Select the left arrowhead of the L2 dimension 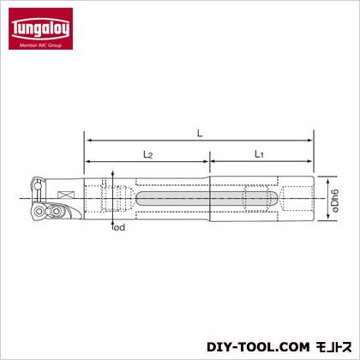[87, 162]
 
